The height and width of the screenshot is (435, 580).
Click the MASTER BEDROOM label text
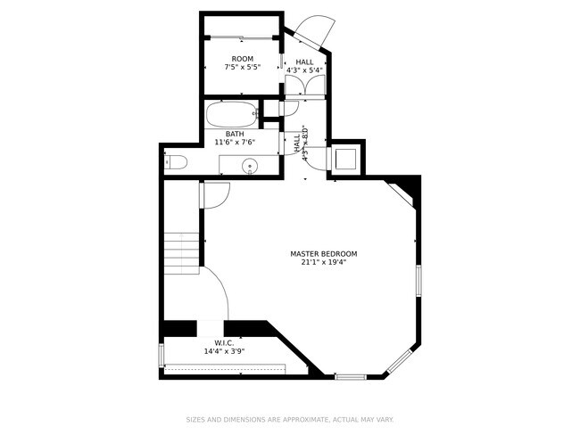[323, 253]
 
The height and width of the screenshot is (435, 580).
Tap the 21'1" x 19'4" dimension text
[323, 262]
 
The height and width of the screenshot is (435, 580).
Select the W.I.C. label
[224, 342]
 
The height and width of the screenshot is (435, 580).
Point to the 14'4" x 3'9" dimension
[224, 351]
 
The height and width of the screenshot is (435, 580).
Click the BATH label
[235, 134]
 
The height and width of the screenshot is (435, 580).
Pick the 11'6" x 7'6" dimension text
[235, 143]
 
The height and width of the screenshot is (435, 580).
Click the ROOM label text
[243, 59]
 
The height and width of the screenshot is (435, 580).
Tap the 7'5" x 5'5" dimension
[243, 68]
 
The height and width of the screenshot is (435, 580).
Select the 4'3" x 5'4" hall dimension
[305, 71]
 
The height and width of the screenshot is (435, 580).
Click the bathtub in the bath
[231, 114]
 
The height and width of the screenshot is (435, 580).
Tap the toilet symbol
[175, 162]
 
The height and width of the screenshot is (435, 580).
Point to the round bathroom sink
[251, 165]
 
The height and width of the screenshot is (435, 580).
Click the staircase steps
[181, 251]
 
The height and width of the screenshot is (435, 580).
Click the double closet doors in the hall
[305, 86]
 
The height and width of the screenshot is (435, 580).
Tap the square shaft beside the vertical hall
[346, 159]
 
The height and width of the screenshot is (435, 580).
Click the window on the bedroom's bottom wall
[350, 376]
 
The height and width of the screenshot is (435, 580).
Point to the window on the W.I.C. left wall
[162, 355]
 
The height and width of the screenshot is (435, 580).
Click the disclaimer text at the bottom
[290, 419]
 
